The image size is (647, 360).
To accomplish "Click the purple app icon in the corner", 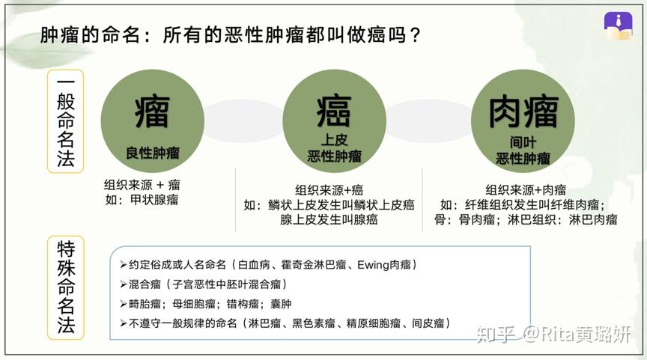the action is pos(618,25).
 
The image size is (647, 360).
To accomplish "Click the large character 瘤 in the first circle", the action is pos(152,112).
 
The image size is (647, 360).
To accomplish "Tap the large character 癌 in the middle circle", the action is pos(334,111).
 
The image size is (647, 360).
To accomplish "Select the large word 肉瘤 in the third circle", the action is pos(523,112).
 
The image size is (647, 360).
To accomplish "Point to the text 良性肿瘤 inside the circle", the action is pos(153,153).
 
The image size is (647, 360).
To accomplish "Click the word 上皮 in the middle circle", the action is pos(334,140).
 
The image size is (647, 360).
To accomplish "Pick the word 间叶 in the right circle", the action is pos(523,142).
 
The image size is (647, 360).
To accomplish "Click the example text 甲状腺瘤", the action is pos(154,200).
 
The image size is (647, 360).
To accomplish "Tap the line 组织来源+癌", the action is pos(329,189).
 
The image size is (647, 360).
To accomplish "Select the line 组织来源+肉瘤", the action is pos(526,189).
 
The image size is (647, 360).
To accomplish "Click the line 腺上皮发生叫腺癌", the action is pos(329,219).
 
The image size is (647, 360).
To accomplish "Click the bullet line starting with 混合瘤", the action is pos(204,284).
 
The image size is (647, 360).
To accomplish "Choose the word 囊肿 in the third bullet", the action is pos(281,304).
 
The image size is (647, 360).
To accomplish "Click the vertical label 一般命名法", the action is pos(66,121).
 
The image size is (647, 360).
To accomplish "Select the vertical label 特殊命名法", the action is pos(66,288).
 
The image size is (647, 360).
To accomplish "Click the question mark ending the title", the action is pos(416,34).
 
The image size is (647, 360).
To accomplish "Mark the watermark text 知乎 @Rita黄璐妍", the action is pos(553,334).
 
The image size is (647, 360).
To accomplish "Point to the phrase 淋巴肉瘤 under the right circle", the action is pos(593,219).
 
